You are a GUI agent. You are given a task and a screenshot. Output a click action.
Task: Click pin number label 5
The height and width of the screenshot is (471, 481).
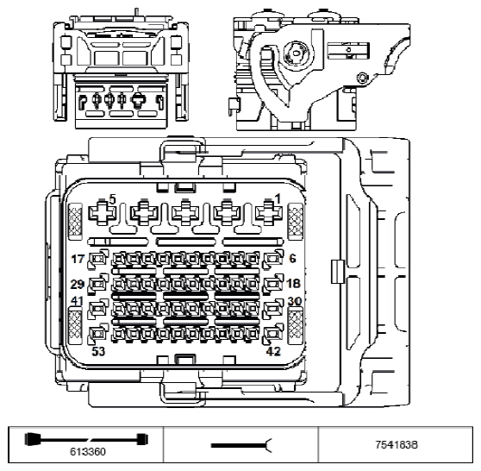pyautogui.click(x=111, y=199)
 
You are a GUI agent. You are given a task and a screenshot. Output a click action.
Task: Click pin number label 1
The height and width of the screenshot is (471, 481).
pyautogui.click(x=277, y=199)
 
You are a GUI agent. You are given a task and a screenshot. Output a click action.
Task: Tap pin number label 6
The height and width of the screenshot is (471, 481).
pyautogui.click(x=293, y=258)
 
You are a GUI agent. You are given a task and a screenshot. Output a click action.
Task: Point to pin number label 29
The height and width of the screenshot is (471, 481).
pyautogui.click(x=78, y=284)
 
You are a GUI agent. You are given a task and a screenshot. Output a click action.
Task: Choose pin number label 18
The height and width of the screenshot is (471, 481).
pyautogui.click(x=294, y=284)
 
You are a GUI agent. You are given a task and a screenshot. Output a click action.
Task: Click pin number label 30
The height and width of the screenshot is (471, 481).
pyautogui.click(x=295, y=301)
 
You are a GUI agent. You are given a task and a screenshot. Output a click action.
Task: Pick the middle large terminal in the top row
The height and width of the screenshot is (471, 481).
pyautogui.click(x=185, y=212)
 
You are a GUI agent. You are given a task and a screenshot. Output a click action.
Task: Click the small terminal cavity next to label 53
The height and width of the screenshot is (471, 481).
pyautogui.click(x=99, y=332)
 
